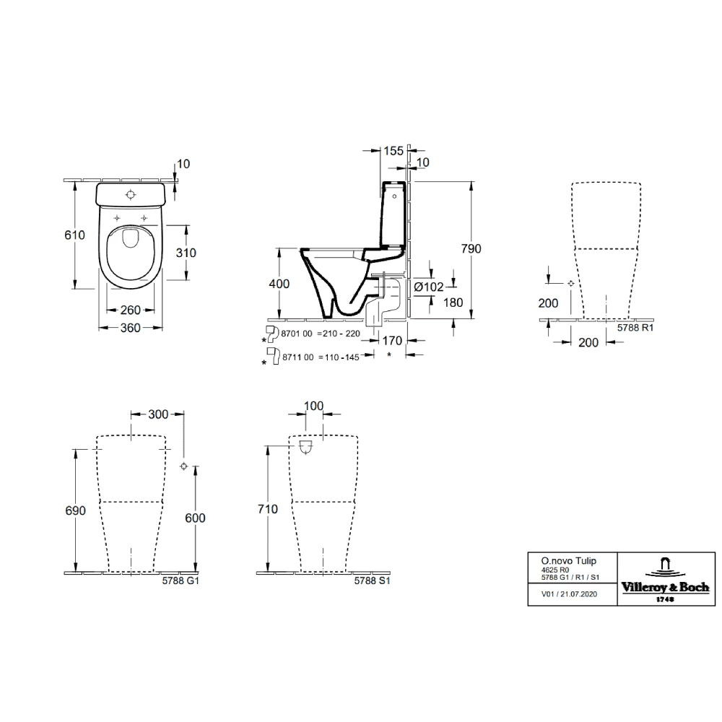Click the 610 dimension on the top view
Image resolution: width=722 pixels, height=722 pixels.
pyautogui.click(x=74, y=235)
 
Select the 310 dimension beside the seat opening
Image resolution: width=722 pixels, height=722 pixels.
pyautogui.click(x=186, y=253)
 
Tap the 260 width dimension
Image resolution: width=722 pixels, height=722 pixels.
pyautogui.click(x=130, y=310)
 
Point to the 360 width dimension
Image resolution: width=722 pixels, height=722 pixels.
pyautogui.click(x=130, y=328)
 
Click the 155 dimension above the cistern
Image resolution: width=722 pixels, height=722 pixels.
pyautogui.click(x=393, y=151)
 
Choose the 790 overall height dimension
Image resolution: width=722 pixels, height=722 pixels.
pyautogui.click(x=471, y=248)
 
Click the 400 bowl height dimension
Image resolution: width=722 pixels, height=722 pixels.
pyautogui.click(x=279, y=284)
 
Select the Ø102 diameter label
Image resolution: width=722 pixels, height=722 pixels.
pyautogui.click(x=429, y=287)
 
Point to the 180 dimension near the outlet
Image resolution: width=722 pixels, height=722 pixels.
pyautogui.click(x=453, y=303)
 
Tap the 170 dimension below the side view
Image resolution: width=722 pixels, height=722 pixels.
pyautogui.click(x=392, y=341)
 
